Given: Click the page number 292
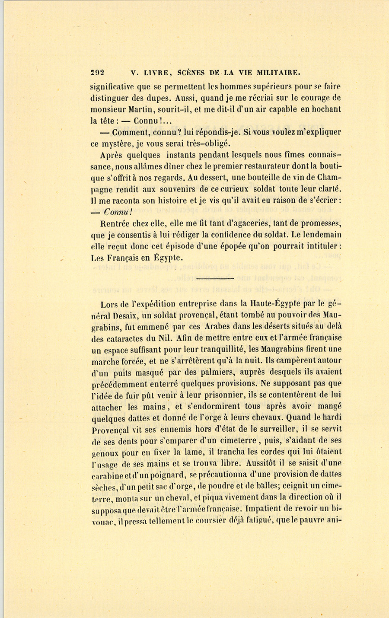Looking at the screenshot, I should (x=98, y=73).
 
